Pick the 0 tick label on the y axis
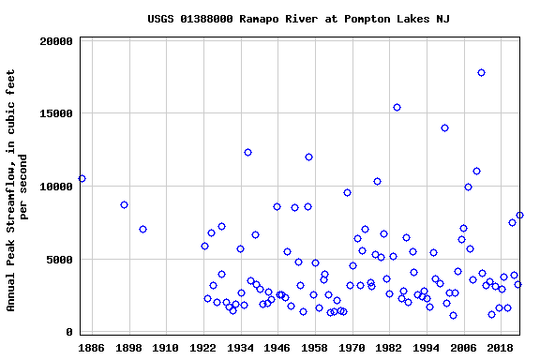69,332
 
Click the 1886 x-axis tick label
91,347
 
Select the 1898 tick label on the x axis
128,347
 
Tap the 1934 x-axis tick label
240,347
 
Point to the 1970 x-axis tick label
352,347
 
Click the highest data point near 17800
481,72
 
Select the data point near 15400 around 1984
397,107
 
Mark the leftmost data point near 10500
82,178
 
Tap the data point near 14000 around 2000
444,127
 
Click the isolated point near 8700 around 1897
124,204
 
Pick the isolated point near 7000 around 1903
142,229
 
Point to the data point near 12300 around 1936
247,152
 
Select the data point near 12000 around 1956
308,157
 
